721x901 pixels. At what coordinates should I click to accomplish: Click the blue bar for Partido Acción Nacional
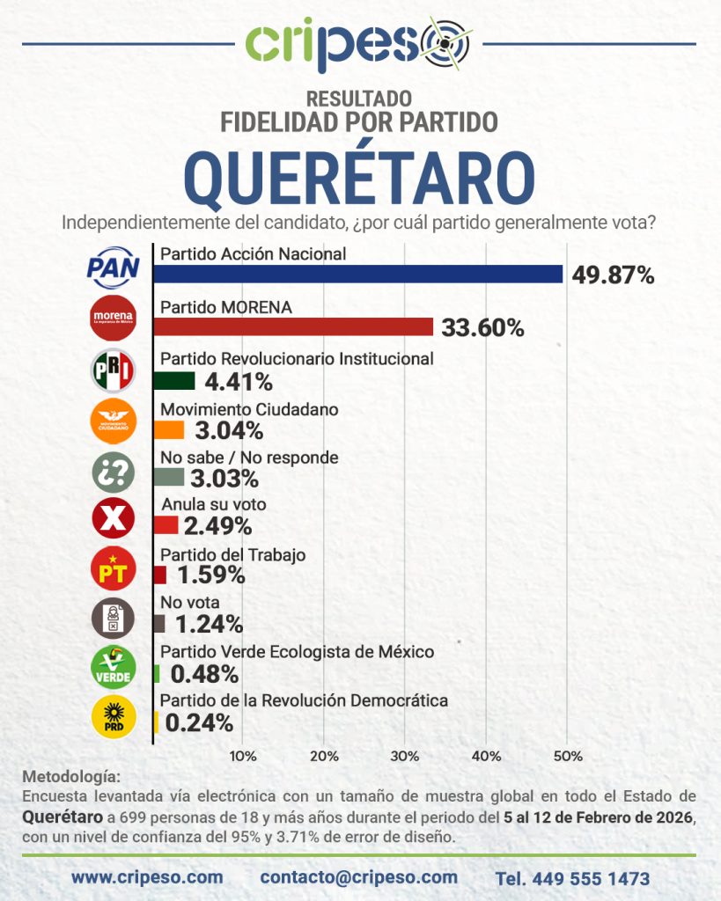[x=357, y=274]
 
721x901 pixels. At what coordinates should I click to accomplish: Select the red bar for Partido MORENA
[x=293, y=326]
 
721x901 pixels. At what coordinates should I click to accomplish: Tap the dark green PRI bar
[x=174, y=380]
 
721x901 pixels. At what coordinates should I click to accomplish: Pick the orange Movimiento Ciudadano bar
[x=169, y=429]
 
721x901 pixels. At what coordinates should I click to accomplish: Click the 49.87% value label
[x=613, y=275]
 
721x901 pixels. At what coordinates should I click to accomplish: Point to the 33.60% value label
[x=483, y=328]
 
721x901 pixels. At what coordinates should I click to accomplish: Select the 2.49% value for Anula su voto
[x=218, y=526]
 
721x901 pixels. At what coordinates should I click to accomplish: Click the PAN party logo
[x=113, y=267]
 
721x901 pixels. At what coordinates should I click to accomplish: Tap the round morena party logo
[x=114, y=318]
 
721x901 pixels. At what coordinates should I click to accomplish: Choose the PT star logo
[x=114, y=568]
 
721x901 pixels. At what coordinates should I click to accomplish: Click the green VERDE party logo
[x=114, y=668]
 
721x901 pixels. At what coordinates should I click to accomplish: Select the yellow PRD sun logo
[x=114, y=717]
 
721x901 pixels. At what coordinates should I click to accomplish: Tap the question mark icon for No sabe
[x=114, y=469]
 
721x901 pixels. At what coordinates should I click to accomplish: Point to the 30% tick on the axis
[x=405, y=756]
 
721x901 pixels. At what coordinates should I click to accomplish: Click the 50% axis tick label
[x=568, y=756]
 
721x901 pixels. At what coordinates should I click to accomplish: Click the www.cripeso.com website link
[x=147, y=877]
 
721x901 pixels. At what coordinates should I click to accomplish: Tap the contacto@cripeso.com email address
[x=358, y=877]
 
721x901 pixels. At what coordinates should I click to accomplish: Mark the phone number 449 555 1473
[x=572, y=878]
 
